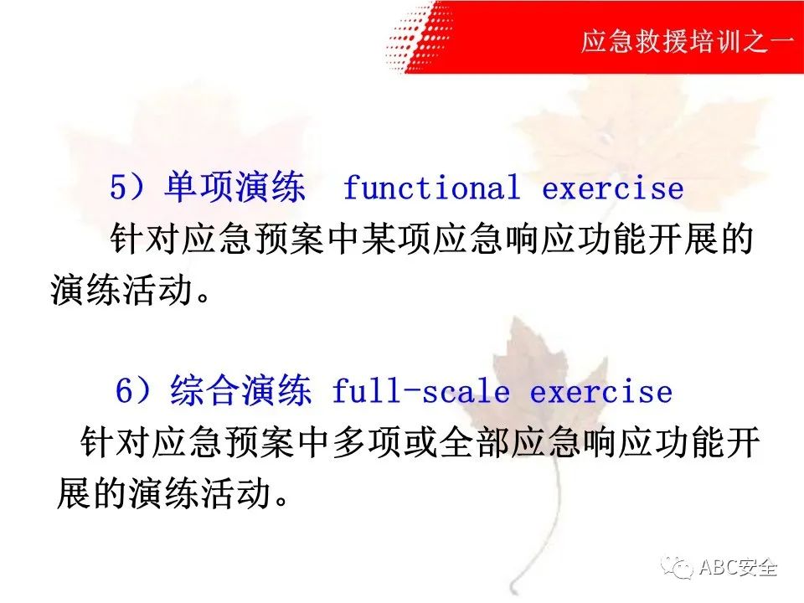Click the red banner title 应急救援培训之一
[x=688, y=41]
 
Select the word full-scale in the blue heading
[x=421, y=391]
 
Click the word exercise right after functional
[x=613, y=188]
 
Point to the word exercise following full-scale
[x=601, y=392]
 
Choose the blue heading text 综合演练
[x=240, y=390]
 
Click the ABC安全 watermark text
[x=738, y=568]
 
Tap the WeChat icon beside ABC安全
[x=678, y=568]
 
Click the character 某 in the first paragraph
[x=379, y=239]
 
